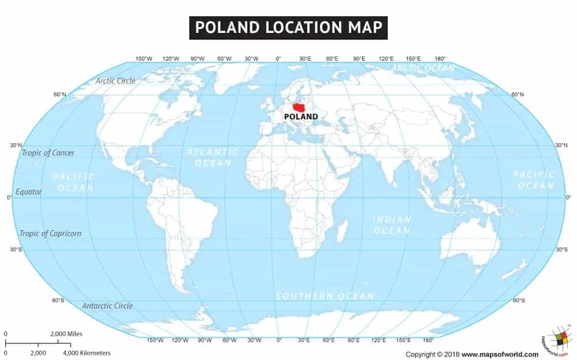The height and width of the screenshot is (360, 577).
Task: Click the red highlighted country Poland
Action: [299, 107]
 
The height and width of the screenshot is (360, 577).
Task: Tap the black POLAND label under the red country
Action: [301, 117]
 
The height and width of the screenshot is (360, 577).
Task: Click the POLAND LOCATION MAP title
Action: [288, 28]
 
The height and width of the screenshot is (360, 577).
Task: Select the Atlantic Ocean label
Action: [212, 157]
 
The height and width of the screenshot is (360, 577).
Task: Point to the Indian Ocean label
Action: [392, 225]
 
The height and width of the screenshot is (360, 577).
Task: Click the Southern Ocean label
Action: [325, 296]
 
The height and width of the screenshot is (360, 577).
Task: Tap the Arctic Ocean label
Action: [423, 68]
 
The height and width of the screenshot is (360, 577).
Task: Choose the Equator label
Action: [28, 192]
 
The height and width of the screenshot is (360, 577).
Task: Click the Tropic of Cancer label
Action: [48, 153]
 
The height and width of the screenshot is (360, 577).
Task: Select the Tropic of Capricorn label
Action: [50, 234]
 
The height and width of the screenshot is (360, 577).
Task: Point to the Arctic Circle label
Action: [115, 81]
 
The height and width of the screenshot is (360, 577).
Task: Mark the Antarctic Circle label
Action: [107, 306]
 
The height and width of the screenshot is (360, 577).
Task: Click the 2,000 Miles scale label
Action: [66, 334]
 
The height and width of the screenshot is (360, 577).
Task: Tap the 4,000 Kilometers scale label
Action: [87, 352]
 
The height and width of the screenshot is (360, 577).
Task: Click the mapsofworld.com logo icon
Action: [557, 340]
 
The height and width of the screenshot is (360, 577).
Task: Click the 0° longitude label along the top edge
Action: [278, 59]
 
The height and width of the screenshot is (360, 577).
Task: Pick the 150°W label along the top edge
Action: [144, 59]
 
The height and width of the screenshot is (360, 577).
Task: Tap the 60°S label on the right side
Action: [519, 301]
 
